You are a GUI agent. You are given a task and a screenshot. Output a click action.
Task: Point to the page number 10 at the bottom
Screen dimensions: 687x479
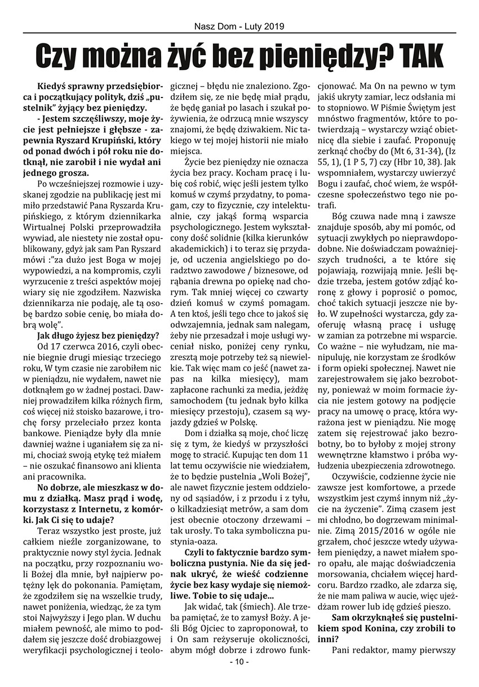[x=239, y=677]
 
